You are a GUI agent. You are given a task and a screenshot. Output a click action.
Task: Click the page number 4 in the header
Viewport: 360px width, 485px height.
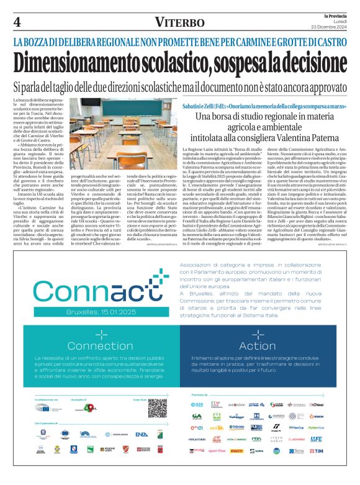(x=17, y=22)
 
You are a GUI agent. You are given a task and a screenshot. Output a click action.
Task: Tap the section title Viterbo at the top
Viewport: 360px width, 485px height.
(x=180, y=22)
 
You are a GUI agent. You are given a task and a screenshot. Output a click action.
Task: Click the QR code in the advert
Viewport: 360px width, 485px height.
(x=140, y=407)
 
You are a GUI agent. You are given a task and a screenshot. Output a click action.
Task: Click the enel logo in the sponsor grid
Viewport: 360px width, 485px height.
(x=197, y=428)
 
